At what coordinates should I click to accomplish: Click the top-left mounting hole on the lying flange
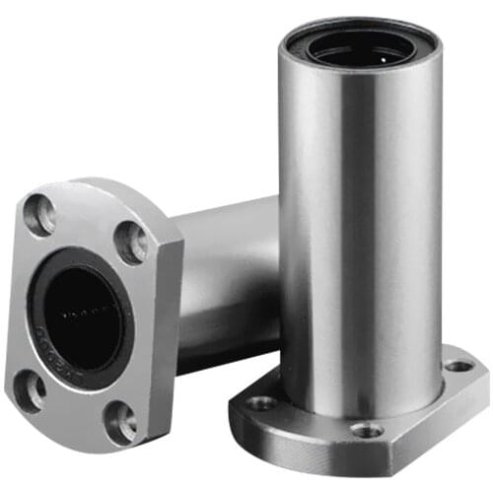click(x=40, y=215)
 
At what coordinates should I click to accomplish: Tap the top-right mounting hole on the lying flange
click(x=131, y=241)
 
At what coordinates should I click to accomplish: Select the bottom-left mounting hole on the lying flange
click(x=30, y=389)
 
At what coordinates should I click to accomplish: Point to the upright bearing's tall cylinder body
click(x=360, y=217)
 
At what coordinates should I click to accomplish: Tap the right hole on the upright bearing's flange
click(x=458, y=366)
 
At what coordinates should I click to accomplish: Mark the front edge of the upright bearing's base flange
click(x=325, y=449)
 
